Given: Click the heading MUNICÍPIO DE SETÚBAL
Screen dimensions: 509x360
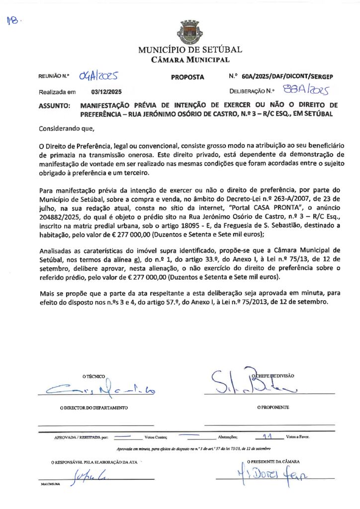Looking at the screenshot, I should click(x=190, y=50).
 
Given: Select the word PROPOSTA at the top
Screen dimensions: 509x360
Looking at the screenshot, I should click(x=187, y=77).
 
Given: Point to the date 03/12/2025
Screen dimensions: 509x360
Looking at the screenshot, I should click(x=106, y=92).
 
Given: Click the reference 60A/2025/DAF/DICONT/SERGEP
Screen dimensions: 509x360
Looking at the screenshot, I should click(x=287, y=77).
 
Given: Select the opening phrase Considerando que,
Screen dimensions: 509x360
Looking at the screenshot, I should click(x=66, y=129).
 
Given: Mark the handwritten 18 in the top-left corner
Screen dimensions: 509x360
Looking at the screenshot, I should click(x=13, y=20).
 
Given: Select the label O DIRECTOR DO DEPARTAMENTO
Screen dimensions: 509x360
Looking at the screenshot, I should click(x=93, y=408).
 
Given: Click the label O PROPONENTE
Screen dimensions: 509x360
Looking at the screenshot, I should click(x=273, y=408).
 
